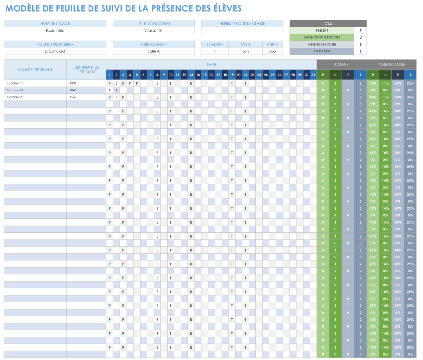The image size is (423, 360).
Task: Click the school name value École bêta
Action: coord(55,31)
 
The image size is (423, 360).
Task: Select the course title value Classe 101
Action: coord(154,31)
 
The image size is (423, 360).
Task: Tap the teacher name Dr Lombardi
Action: coord(55,51)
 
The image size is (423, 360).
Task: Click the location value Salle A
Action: coord(154,51)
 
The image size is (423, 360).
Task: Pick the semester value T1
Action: coord(215,51)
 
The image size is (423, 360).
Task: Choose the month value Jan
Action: coord(245,51)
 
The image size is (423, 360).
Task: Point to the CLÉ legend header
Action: coord(328,23)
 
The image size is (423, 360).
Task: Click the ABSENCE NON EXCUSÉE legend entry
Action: coord(322,37)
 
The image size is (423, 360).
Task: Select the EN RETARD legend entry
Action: coord(322,51)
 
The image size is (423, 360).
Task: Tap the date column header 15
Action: coord(205,75)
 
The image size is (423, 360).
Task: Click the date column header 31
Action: coord(313,75)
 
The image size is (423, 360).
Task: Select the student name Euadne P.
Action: coord(15,83)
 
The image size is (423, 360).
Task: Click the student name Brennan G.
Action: coord(15,90)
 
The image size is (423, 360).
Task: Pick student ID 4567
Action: coord(73,97)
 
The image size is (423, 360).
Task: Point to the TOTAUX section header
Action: coord(341,64)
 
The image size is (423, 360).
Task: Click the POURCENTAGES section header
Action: coord(391,64)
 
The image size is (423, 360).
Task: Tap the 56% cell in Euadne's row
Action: coord(373,83)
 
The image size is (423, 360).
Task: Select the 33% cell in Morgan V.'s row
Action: coord(410,97)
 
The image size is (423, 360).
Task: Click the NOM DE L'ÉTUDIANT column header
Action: coord(35,70)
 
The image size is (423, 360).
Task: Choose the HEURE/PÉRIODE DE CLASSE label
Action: coord(242,23)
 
